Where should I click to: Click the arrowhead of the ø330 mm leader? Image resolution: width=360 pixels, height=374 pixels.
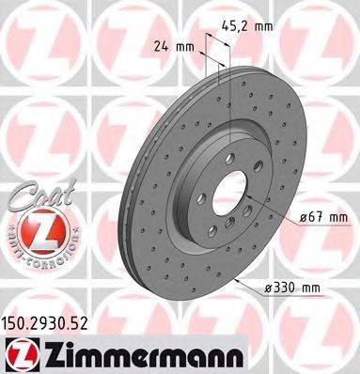(239, 280)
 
